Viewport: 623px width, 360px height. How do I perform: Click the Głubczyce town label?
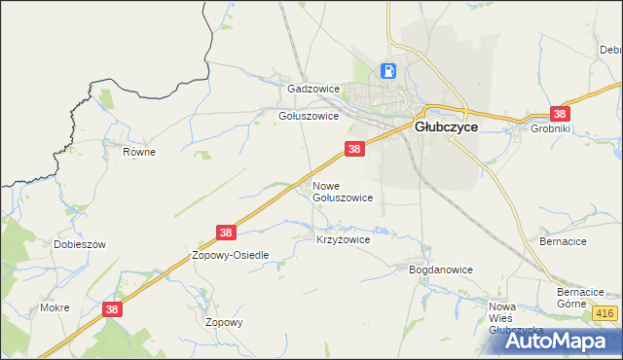coord(446,126)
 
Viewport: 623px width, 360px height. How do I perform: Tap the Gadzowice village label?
coord(313,89)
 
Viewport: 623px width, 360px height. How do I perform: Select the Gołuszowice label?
coord(309,115)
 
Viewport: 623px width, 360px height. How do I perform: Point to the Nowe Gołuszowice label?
coord(342,191)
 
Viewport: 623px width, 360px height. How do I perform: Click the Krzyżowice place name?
coord(344,238)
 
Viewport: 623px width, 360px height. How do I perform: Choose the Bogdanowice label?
coord(440,270)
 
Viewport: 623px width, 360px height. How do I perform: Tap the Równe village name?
coord(139,152)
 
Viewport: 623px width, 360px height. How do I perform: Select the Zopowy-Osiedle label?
coord(230,254)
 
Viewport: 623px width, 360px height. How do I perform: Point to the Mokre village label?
coord(55,307)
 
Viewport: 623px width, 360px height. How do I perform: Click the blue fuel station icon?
coord(388,71)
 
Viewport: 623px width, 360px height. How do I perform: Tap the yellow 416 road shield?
coord(605,312)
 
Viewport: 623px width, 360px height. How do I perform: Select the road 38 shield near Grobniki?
coord(561,113)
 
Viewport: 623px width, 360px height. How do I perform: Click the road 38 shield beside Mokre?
coord(113,308)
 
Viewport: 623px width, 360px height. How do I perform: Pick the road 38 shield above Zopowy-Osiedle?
coord(226,233)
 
